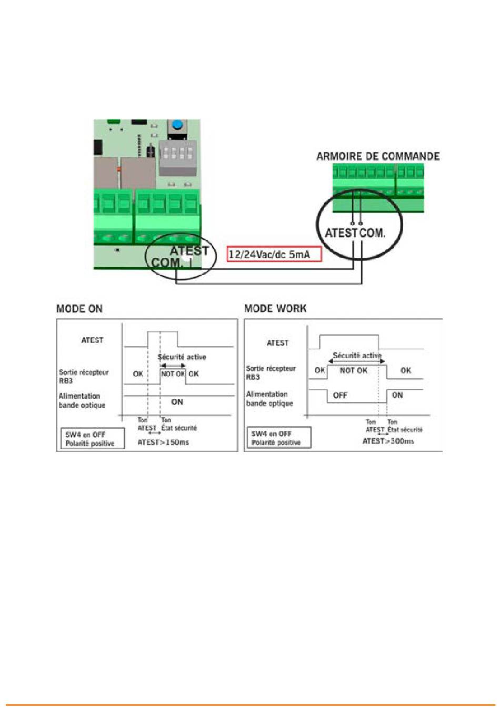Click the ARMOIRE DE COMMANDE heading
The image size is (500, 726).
(378, 156)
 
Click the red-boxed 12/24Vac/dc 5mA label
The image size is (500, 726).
(274, 254)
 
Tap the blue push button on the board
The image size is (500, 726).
(177, 124)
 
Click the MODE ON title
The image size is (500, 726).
(79, 308)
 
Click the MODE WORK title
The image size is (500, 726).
(275, 308)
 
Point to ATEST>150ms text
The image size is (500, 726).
(163, 442)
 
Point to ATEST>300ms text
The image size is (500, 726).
(388, 441)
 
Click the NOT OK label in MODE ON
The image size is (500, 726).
(173, 374)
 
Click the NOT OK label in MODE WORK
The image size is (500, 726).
(354, 370)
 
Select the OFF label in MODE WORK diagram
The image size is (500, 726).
(340, 395)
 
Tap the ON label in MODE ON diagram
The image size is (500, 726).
(177, 402)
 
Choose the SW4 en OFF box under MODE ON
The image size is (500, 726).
(93, 439)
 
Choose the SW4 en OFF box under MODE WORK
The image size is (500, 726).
(279, 438)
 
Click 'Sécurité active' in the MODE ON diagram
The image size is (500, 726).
(182, 357)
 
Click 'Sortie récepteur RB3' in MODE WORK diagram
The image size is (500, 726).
(271, 372)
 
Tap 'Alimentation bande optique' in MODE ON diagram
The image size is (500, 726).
(82, 400)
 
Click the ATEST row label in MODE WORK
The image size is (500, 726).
(277, 343)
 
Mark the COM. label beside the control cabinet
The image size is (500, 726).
(372, 233)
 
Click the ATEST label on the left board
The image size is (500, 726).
(189, 251)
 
